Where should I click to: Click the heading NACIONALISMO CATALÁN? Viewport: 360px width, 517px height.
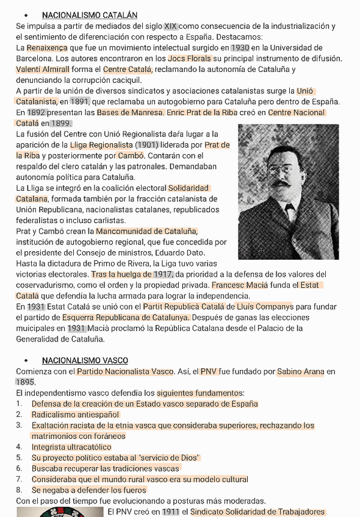pyautogui.click(x=90, y=15)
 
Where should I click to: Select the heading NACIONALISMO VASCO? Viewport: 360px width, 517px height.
pyautogui.click(x=85, y=360)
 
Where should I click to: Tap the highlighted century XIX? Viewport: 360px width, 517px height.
pyautogui.click(x=171, y=26)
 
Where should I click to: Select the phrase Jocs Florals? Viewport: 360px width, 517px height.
pyautogui.click(x=190, y=59)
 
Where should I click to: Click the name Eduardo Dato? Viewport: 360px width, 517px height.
pyautogui.click(x=181, y=252)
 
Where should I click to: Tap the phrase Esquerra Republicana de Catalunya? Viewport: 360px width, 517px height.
pyautogui.click(x=126, y=318)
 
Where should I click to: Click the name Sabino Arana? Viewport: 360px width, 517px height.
pyautogui.click(x=300, y=371)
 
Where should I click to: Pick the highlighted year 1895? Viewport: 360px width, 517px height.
pyautogui.click(x=25, y=382)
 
